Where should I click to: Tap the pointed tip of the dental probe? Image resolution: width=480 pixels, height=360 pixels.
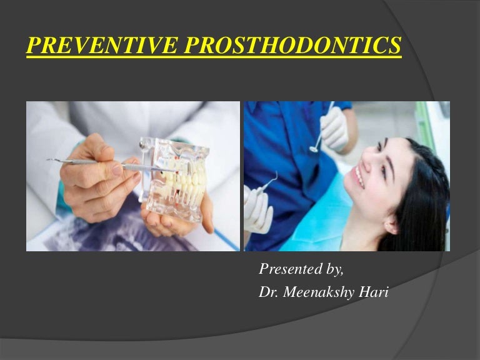[x=49, y=161]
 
